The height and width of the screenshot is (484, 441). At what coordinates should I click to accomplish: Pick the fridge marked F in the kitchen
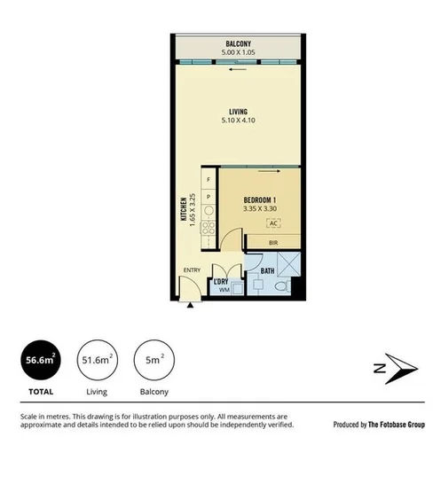point(209,181)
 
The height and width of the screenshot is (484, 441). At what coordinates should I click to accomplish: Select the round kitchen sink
point(209,211)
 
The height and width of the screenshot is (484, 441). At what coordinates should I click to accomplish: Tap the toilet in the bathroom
point(280,290)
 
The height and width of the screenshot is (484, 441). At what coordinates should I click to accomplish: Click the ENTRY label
point(192,271)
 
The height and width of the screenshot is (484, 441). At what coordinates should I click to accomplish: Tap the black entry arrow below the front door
point(192,305)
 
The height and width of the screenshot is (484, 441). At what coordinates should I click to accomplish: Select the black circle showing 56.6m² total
point(41,361)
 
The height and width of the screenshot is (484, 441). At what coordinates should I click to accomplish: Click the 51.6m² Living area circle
point(97,361)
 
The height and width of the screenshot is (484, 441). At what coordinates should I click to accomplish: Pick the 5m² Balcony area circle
point(152,361)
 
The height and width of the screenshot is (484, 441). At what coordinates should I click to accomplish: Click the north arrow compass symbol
point(393,367)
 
